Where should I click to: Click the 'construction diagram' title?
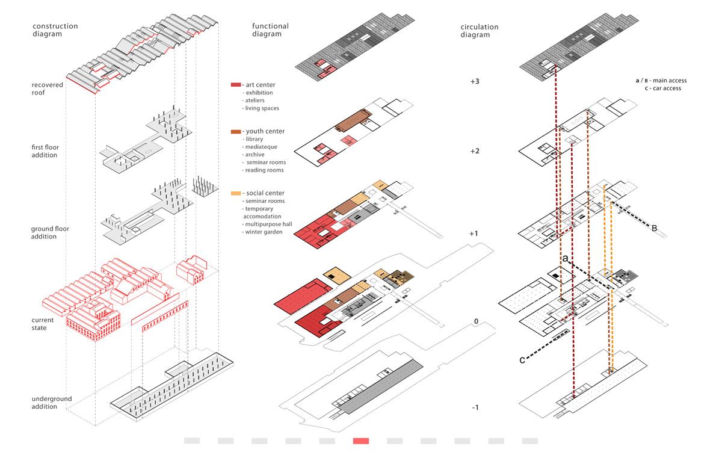(55, 30)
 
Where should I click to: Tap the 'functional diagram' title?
(270, 30)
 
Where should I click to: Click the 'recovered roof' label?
(48, 89)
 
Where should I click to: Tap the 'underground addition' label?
(52, 403)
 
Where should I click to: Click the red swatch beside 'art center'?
(235, 85)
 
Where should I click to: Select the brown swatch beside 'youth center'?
(235, 131)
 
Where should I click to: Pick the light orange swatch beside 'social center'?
(235, 193)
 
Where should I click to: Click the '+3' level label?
(475, 81)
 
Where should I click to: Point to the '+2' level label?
(475, 151)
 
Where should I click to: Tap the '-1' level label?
(475, 407)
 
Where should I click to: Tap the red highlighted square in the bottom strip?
(361, 441)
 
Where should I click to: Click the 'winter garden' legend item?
(261, 232)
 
